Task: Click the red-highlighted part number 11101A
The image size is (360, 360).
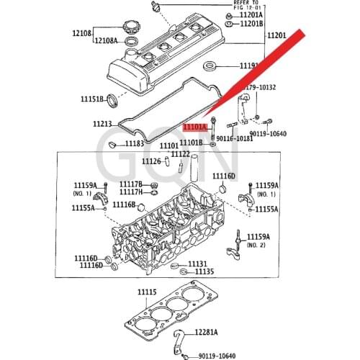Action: click(x=194, y=127)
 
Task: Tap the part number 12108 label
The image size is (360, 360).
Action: click(x=81, y=33)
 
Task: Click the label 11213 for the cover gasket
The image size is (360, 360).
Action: click(x=103, y=124)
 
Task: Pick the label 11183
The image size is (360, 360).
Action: click(x=135, y=144)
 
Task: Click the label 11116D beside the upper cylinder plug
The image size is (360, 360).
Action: click(x=222, y=175)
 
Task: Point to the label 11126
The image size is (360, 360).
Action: click(x=151, y=161)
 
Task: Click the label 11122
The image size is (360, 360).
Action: click(x=180, y=154)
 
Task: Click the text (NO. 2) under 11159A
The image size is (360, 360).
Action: click(x=257, y=245)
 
